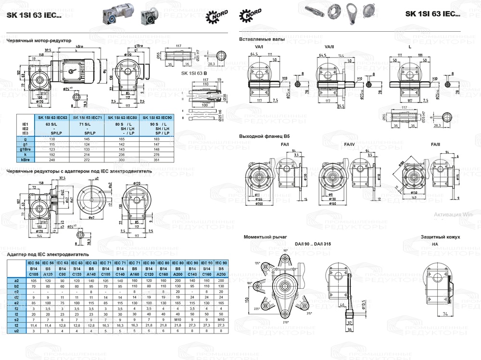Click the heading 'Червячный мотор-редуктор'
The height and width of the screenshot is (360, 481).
pyautogui.click(x=38, y=41)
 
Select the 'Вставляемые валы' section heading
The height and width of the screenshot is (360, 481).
pyautogui.click(x=262, y=39)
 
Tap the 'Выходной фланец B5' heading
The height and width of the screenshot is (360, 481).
pyautogui.click(x=265, y=137)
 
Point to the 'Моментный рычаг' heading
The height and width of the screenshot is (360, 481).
pyautogui.click(x=265, y=237)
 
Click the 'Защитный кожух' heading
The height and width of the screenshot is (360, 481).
pyautogui.click(x=441, y=237)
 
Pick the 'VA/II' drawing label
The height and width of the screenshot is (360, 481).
pyautogui.click(x=329, y=47)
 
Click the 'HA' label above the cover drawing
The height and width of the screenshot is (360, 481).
pyautogui.click(x=435, y=244)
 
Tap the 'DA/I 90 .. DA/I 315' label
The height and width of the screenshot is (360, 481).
pyautogui.click(x=311, y=244)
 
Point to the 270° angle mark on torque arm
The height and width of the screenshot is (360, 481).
pyautogui.click(x=288, y=322)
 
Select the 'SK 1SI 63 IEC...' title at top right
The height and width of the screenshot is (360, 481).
pyautogui.click(x=432, y=14)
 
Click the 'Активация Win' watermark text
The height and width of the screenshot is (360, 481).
pyautogui.click(x=454, y=215)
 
